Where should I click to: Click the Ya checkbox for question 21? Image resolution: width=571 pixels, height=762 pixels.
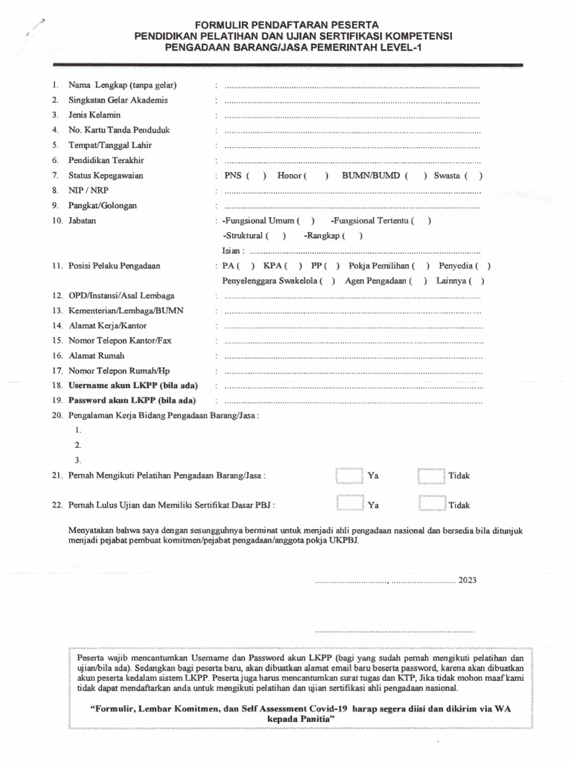(x=349, y=475)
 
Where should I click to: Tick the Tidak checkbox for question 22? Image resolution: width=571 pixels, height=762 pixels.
(x=431, y=505)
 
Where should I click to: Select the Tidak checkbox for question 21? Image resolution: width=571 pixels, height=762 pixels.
(x=431, y=475)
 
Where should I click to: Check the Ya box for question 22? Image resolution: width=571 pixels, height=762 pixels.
(x=349, y=505)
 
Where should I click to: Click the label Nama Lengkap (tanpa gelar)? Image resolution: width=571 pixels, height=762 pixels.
(x=123, y=85)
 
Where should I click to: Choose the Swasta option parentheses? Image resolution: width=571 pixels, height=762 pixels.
(x=473, y=176)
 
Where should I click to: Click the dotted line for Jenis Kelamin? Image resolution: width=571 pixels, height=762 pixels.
(x=352, y=115)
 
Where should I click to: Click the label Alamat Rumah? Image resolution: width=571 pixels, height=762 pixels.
(x=97, y=356)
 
